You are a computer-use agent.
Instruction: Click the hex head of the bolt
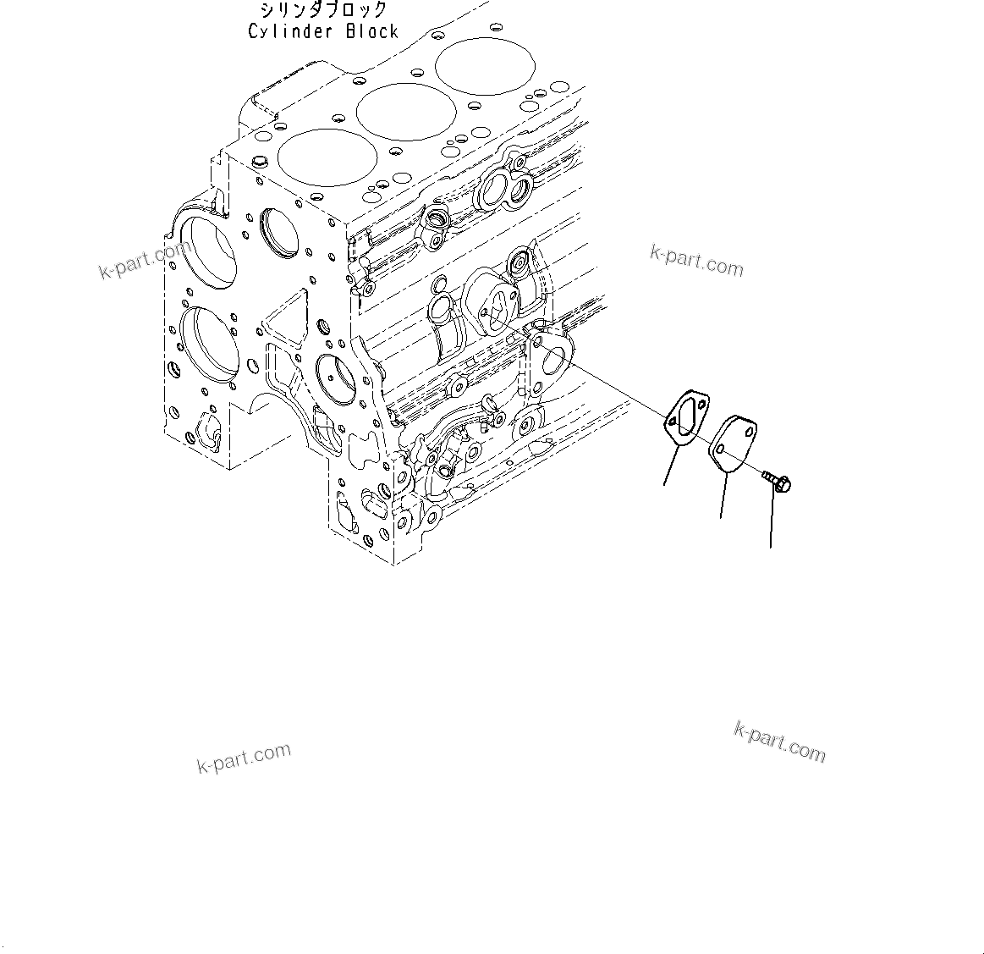click(783, 484)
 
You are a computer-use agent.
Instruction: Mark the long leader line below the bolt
click(772, 521)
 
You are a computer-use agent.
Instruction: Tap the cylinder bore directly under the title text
click(486, 64)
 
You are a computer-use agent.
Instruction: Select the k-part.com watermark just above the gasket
click(696, 261)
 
